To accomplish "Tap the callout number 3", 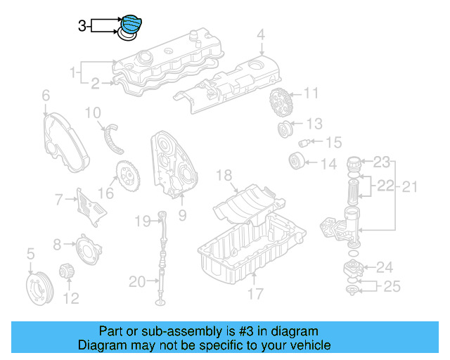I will click(82, 26).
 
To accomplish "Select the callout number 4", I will click(260, 34).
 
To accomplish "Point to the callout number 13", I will click(314, 124).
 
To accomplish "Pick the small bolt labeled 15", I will click(304, 143).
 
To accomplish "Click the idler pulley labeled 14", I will click(296, 162).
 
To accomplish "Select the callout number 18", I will click(224, 175).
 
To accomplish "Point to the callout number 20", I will click(137, 283).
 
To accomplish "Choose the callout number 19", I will click(143, 221).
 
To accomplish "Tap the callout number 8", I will click(58, 245).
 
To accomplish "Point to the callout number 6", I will click(46, 95).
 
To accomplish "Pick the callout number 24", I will click(385, 267).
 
